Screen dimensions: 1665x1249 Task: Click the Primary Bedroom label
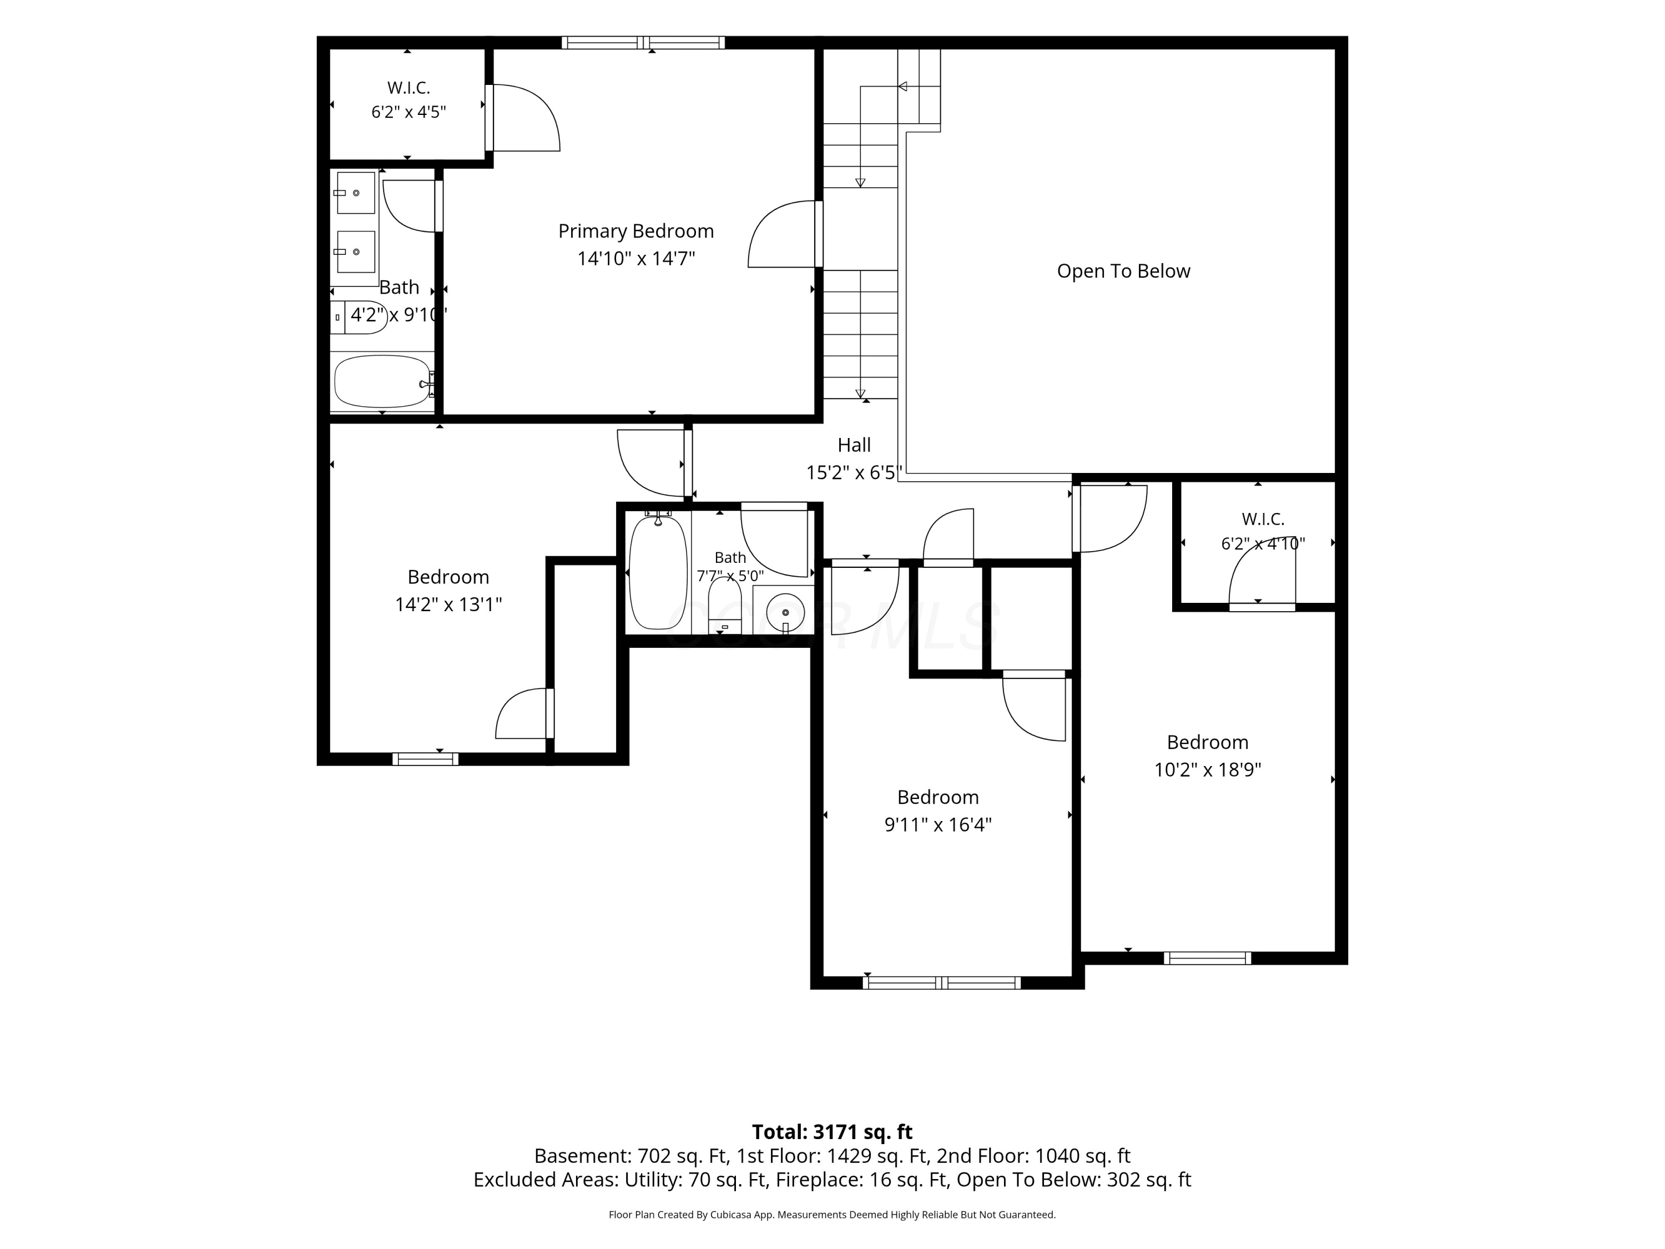636,231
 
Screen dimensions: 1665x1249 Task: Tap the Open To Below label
1123,271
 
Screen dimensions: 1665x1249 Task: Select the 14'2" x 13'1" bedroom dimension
448,605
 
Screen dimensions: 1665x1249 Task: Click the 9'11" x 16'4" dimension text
938,824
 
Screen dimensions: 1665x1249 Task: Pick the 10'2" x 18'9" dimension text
1207,769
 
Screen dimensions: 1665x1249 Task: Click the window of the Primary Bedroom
644,43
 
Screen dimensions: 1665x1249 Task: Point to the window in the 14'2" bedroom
425,759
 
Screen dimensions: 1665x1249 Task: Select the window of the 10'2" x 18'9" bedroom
1207,958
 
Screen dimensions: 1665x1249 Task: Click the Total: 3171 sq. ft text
833,1131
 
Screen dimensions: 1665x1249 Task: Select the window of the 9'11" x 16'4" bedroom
942,983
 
